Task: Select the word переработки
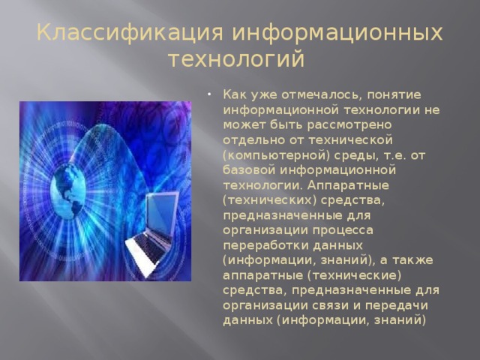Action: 263,245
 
